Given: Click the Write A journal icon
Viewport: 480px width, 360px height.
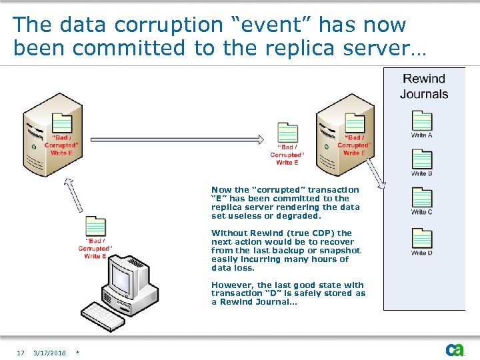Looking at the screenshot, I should (x=422, y=121).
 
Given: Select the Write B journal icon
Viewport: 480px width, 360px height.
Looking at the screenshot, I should (x=422, y=159).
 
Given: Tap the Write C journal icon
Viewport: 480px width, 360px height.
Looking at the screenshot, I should (x=422, y=198).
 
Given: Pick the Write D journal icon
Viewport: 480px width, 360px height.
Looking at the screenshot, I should (x=422, y=238).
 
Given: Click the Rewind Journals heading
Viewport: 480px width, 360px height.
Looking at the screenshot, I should (x=424, y=86).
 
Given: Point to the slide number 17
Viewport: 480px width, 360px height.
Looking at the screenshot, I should (x=21, y=353).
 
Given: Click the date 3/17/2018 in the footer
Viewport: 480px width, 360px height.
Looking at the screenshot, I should (x=50, y=353).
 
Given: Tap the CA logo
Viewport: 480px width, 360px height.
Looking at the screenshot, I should (x=455, y=350).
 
